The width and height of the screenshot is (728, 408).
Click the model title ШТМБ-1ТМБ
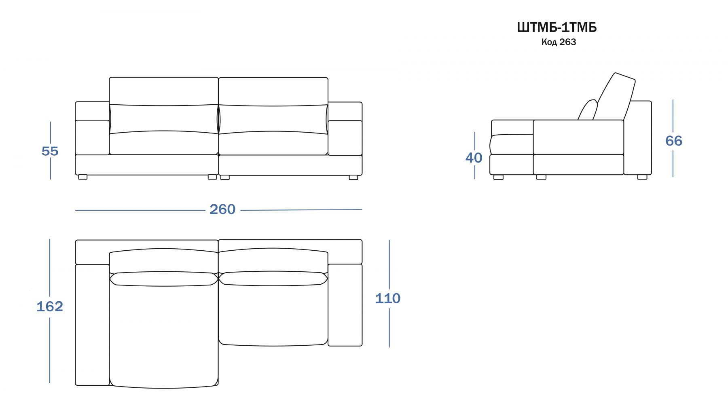557,27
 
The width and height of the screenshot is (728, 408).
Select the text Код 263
559,42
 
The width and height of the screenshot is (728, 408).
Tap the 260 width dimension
222,209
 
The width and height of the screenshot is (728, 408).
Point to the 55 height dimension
50,151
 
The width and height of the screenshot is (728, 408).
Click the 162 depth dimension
50,307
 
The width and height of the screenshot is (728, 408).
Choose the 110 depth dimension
388,298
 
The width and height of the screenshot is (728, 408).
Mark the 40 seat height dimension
474,158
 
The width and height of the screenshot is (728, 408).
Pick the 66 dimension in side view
674,141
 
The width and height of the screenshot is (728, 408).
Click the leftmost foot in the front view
83,177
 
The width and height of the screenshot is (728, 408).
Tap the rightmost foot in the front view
353,177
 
